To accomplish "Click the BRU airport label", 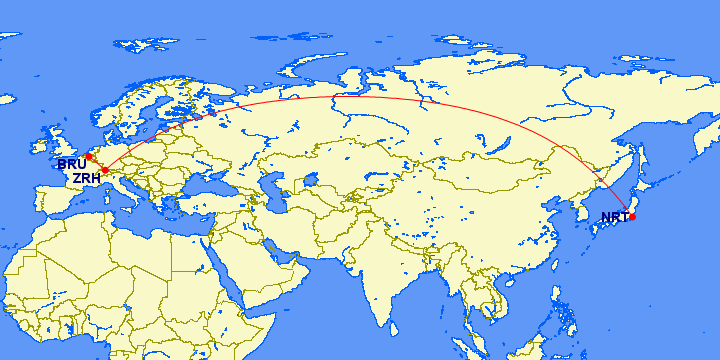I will coord(71,164).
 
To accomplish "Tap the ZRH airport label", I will coord(85,178).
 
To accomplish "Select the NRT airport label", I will coord(614,217).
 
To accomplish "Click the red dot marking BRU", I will coord(88,156).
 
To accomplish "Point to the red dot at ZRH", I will coord(105,171).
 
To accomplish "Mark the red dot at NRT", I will coord(632,217).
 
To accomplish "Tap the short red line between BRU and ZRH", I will coord(96,163).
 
